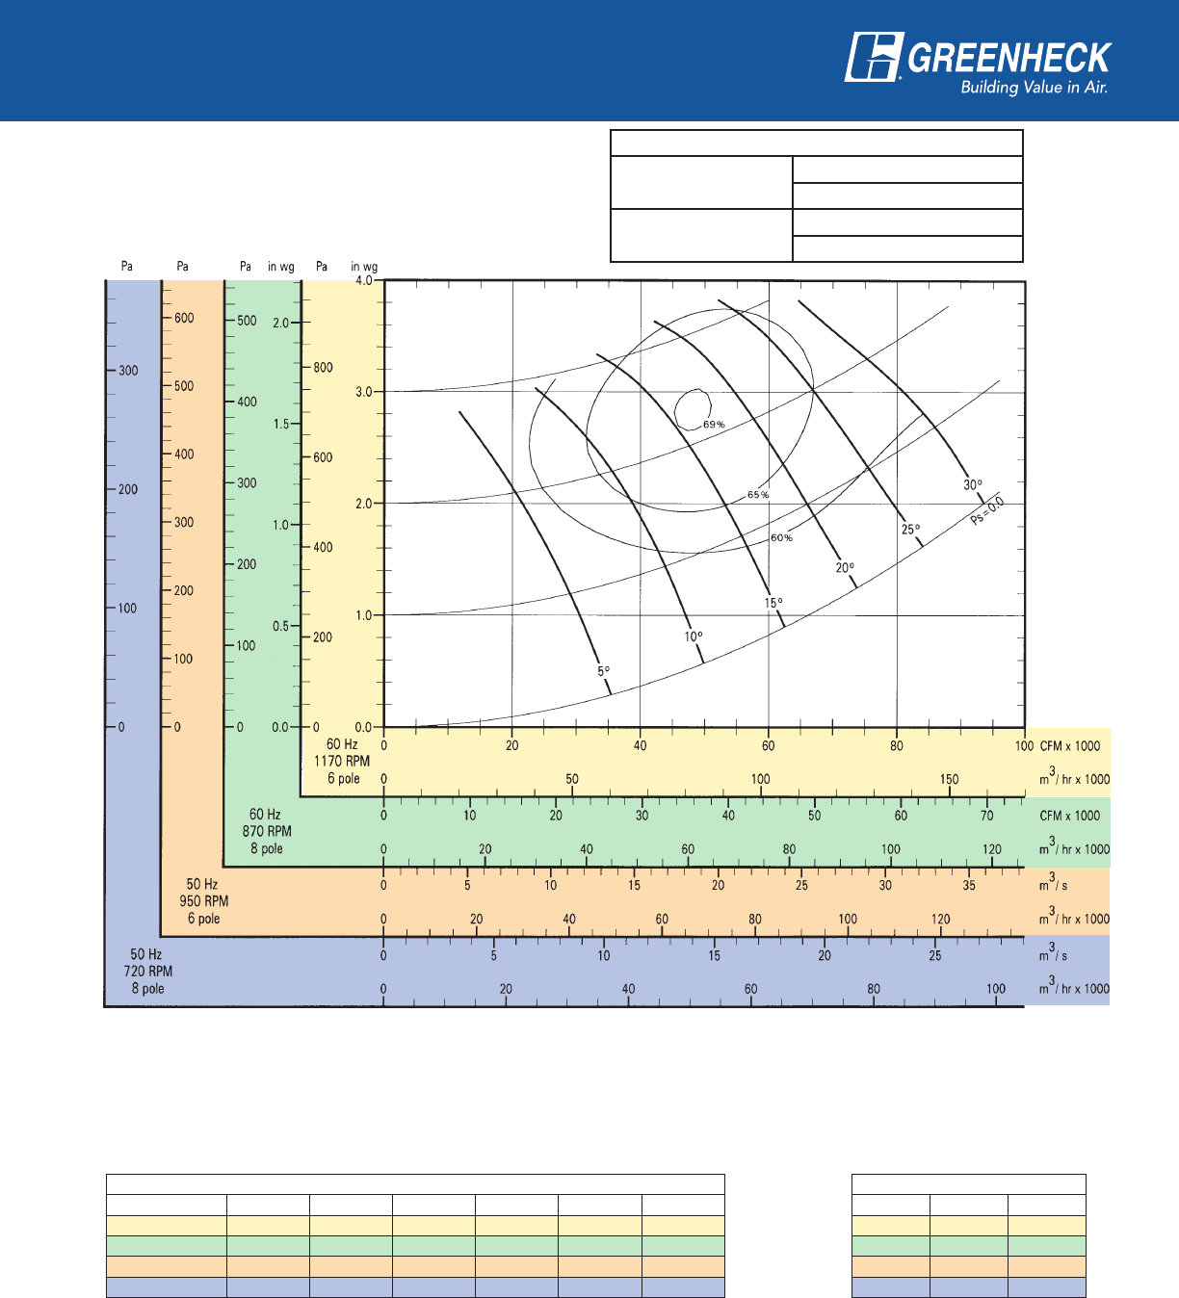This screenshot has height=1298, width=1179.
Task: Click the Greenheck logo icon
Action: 874,58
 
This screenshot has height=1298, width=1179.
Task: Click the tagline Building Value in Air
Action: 1035,88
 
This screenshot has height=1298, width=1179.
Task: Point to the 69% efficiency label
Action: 713,425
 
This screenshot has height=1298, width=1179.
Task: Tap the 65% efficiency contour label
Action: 758,495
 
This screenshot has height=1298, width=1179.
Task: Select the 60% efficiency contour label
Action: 781,537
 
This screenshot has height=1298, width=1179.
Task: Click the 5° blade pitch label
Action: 603,671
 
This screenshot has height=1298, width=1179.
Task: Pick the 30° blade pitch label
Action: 973,485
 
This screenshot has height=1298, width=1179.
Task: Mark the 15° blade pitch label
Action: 773,603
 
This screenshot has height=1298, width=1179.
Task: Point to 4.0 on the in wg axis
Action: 364,281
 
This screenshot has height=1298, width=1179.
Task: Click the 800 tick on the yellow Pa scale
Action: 323,367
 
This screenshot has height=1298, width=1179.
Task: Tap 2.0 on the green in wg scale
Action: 280,323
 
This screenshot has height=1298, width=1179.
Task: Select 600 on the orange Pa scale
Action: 184,318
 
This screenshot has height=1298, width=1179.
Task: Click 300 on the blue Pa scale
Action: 128,371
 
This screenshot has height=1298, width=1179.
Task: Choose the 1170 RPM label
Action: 342,761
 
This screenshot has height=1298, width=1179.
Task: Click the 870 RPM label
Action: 267,831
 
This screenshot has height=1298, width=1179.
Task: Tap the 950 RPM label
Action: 204,901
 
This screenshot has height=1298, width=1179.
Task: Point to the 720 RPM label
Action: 148,971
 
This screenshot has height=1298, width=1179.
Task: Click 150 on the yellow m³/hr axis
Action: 949,779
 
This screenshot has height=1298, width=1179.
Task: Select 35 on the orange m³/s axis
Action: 969,885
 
